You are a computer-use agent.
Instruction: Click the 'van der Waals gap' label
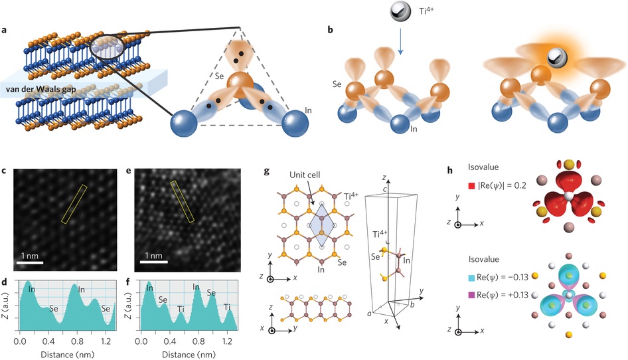41,89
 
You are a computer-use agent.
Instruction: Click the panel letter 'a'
4,30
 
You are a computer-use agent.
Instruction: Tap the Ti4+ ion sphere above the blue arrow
400,12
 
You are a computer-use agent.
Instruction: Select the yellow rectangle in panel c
74,204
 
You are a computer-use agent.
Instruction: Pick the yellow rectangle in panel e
183,201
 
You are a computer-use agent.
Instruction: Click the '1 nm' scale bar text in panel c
30,256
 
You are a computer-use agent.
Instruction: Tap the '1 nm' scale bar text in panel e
154,256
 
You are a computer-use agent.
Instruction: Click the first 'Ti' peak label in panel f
181,309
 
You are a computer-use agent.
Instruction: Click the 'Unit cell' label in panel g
305,175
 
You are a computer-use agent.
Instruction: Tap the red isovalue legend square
471,186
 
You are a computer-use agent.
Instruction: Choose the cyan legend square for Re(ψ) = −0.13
471,278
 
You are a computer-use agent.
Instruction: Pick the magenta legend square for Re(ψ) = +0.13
471,296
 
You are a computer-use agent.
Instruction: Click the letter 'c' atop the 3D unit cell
384,189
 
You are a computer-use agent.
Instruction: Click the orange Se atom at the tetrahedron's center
240,85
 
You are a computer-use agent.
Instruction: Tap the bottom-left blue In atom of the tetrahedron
184,124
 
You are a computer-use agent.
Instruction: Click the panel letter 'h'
450,171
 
